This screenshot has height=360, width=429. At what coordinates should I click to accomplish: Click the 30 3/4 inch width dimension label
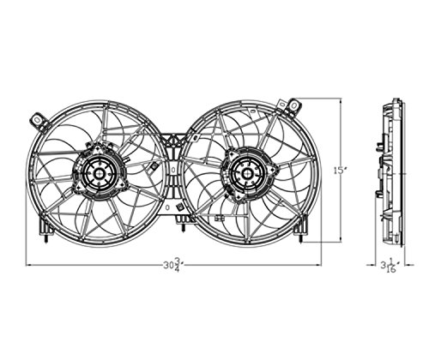coord(172,265)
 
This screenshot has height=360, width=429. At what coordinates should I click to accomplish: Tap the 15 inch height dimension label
coord(340,171)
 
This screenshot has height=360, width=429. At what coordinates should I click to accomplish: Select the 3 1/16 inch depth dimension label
coord(390,266)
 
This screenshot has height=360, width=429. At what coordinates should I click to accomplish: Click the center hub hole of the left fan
coord(99,173)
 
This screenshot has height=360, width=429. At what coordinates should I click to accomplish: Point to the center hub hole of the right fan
coord(246,173)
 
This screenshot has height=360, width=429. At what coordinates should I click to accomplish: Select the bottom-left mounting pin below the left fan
coord(46,240)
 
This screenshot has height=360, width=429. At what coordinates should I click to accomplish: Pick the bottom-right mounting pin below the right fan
coord(301,239)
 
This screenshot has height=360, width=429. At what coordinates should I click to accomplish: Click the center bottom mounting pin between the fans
coord(183,228)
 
